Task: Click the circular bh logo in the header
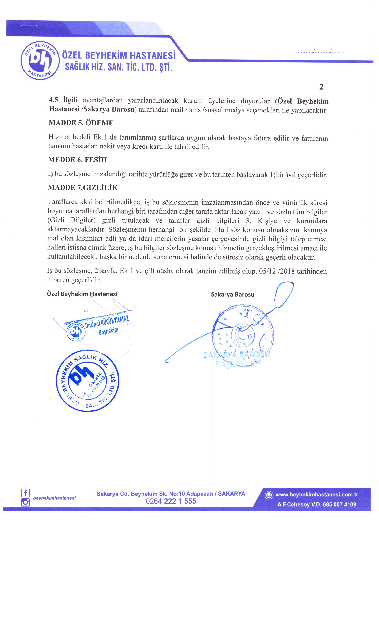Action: [40, 60]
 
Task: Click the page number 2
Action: [321, 87]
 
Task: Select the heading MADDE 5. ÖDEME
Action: [81, 123]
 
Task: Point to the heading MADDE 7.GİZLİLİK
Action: [83, 188]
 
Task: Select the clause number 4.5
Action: [53, 100]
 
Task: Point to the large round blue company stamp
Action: [87, 381]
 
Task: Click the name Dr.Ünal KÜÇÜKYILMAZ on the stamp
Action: [107, 323]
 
